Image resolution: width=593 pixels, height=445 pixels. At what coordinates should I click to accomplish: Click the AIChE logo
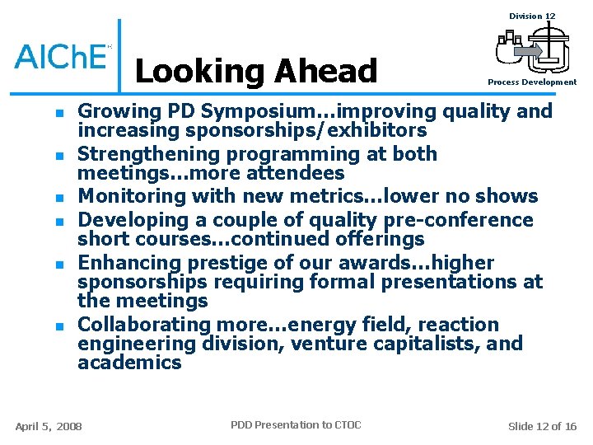(63, 55)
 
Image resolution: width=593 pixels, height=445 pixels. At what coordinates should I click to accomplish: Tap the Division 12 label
(532, 16)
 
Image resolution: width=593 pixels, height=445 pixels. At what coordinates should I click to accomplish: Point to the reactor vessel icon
(532, 49)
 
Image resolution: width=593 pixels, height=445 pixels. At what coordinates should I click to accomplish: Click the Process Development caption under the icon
(532, 82)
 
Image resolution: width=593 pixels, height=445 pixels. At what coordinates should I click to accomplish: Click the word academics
(129, 363)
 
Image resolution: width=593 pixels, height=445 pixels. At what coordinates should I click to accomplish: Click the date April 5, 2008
(49, 426)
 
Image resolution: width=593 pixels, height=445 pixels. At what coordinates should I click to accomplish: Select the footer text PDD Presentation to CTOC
(296, 425)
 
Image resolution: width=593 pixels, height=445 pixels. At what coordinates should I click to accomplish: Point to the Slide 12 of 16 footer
(542, 426)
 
